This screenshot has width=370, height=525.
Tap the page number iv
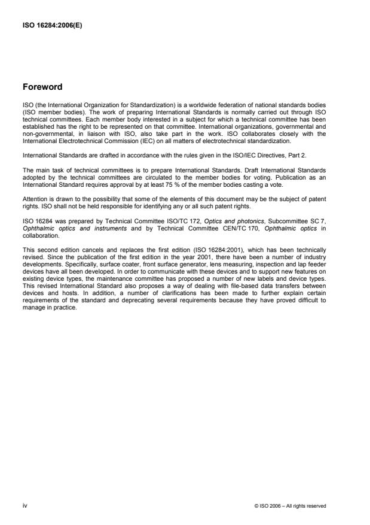25,505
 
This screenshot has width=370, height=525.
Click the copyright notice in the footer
290,506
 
